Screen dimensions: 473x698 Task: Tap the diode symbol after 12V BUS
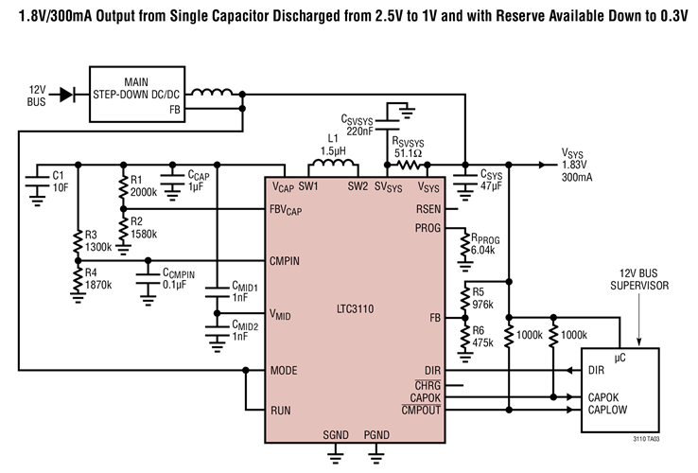pos(64,94)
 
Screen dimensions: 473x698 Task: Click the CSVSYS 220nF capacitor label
pos(361,126)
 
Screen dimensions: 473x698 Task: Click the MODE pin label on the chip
pos(285,370)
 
